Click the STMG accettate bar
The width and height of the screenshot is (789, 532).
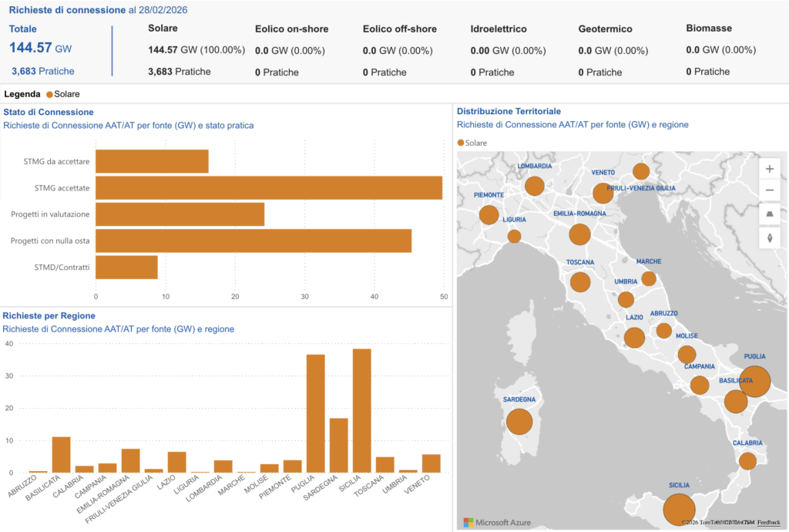269,187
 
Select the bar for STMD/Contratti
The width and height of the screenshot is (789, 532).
126,267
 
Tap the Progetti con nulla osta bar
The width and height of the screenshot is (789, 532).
253,241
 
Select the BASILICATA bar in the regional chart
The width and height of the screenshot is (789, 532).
61,454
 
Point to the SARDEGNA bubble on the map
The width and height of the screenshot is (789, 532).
519,422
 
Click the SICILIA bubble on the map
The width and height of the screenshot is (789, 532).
679,510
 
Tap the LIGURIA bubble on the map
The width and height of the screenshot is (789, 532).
514,236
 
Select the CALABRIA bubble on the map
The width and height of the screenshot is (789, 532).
747,461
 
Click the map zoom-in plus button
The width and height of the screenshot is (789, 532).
770,169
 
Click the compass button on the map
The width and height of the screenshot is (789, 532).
770,237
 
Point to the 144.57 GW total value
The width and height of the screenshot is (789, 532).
41,48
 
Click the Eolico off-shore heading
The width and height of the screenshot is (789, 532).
399,29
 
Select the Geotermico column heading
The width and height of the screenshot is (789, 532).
605,29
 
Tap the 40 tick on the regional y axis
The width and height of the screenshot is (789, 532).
9,344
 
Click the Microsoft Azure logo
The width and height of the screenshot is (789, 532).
497,522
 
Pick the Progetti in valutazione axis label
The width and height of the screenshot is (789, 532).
50,214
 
